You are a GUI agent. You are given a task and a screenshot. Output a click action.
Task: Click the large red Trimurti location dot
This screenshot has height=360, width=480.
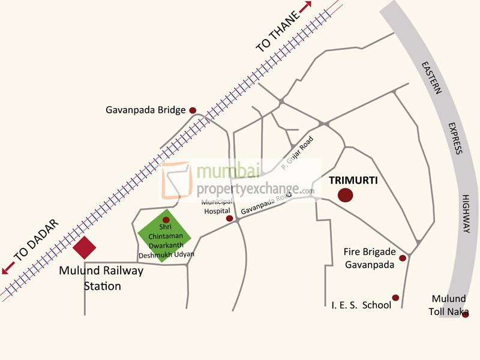point(345,195)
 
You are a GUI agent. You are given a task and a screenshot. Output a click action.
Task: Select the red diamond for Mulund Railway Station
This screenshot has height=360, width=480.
point(84,248)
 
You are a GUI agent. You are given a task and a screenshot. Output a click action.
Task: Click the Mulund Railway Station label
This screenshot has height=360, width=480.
point(101,278)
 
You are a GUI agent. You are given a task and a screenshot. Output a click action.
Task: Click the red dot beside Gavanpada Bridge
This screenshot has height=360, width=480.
point(193,110)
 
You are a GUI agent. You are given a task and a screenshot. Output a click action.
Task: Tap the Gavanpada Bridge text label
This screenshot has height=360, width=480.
point(146,110)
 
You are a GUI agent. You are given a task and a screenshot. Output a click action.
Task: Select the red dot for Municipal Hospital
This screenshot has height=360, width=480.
point(229,218)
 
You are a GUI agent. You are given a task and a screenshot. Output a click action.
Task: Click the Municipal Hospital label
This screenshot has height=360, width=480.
point(217,207)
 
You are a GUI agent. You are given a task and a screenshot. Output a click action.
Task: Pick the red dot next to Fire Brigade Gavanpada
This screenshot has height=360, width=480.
point(403,258)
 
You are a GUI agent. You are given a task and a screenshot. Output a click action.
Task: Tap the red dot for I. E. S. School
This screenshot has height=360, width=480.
point(395,298)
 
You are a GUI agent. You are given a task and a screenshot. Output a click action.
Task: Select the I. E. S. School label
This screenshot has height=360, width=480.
point(361,305)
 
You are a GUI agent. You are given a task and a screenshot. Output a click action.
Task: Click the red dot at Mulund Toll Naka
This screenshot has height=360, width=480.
point(465,314)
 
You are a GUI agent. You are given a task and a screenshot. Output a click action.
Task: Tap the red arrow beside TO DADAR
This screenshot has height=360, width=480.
point(8,269)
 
